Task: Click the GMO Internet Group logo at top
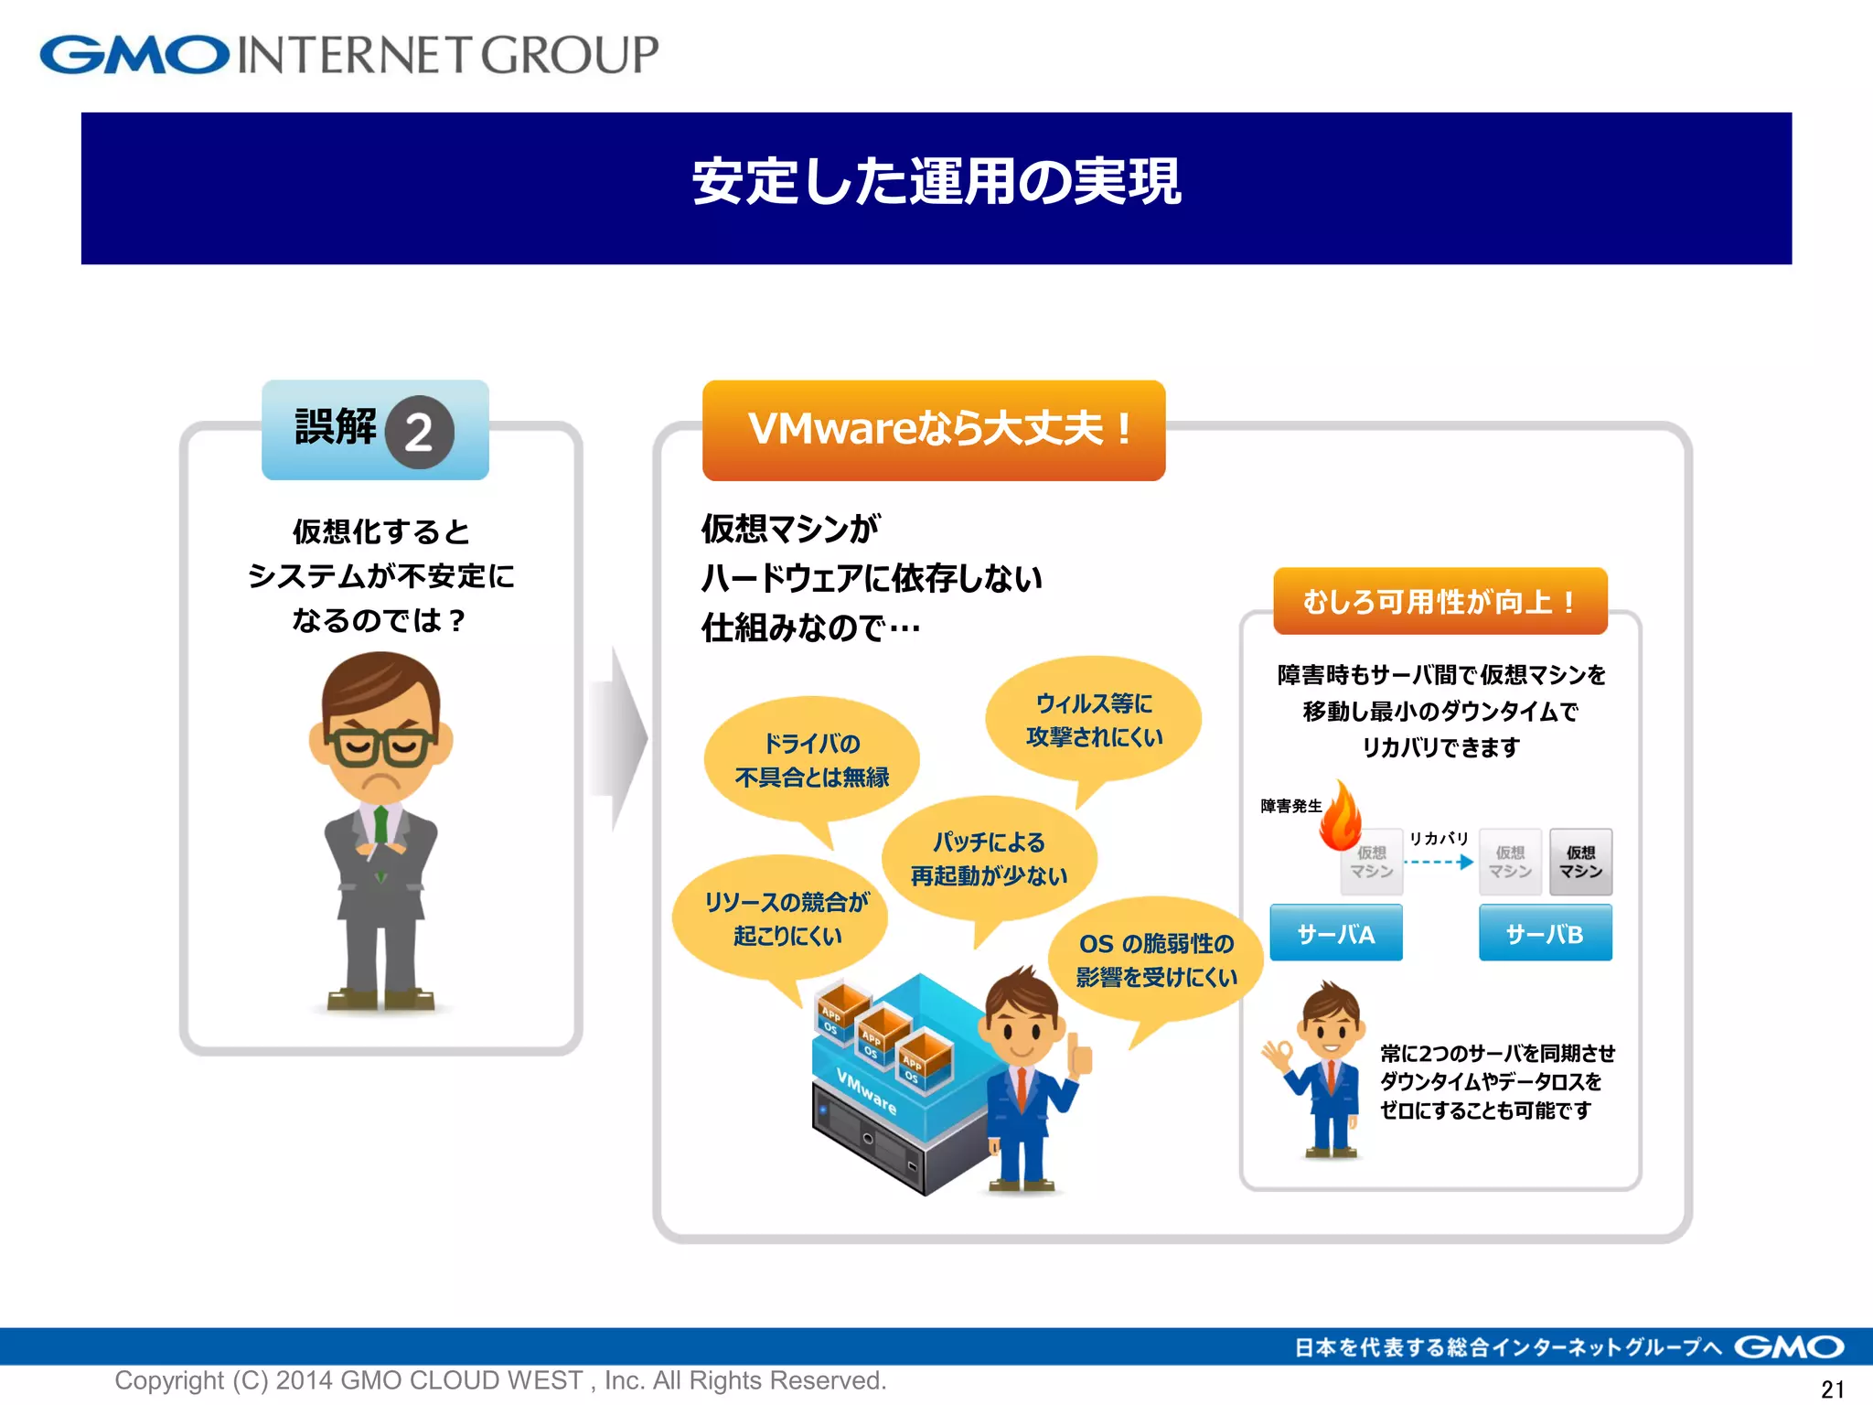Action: (348, 55)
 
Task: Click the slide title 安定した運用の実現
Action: (936, 182)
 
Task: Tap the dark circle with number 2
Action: (420, 432)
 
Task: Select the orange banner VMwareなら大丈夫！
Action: (934, 430)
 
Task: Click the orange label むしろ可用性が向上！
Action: (1440, 601)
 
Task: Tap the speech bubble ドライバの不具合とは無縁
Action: (811, 760)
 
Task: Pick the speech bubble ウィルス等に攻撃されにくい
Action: (1094, 720)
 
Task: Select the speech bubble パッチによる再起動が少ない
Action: (989, 859)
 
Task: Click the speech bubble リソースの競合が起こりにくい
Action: (785, 918)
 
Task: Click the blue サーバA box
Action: (1335, 933)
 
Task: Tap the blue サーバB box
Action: (1545, 933)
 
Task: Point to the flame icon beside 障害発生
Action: (1341, 816)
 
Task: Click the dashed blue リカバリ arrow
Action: (1439, 862)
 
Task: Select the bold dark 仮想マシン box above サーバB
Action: (1580, 862)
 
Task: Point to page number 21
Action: (1832, 1389)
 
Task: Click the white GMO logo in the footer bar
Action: (1789, 1347)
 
